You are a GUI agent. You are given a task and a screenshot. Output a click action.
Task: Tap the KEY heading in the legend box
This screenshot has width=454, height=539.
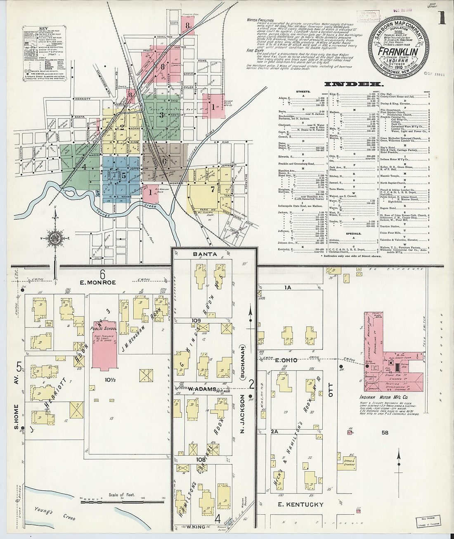(x=43, y=28)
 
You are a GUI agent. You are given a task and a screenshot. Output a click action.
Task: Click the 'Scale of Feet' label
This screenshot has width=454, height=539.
(x=123, y=495)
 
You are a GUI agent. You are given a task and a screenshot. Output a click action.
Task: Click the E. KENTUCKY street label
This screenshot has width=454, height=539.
(x=300, y=505)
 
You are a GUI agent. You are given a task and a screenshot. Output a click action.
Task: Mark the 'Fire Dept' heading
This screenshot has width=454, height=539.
(x=255, y=50)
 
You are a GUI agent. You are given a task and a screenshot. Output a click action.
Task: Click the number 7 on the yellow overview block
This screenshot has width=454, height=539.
(x=212, y=190)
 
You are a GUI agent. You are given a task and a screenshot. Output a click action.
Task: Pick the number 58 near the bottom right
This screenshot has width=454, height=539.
(x=385, y=432)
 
